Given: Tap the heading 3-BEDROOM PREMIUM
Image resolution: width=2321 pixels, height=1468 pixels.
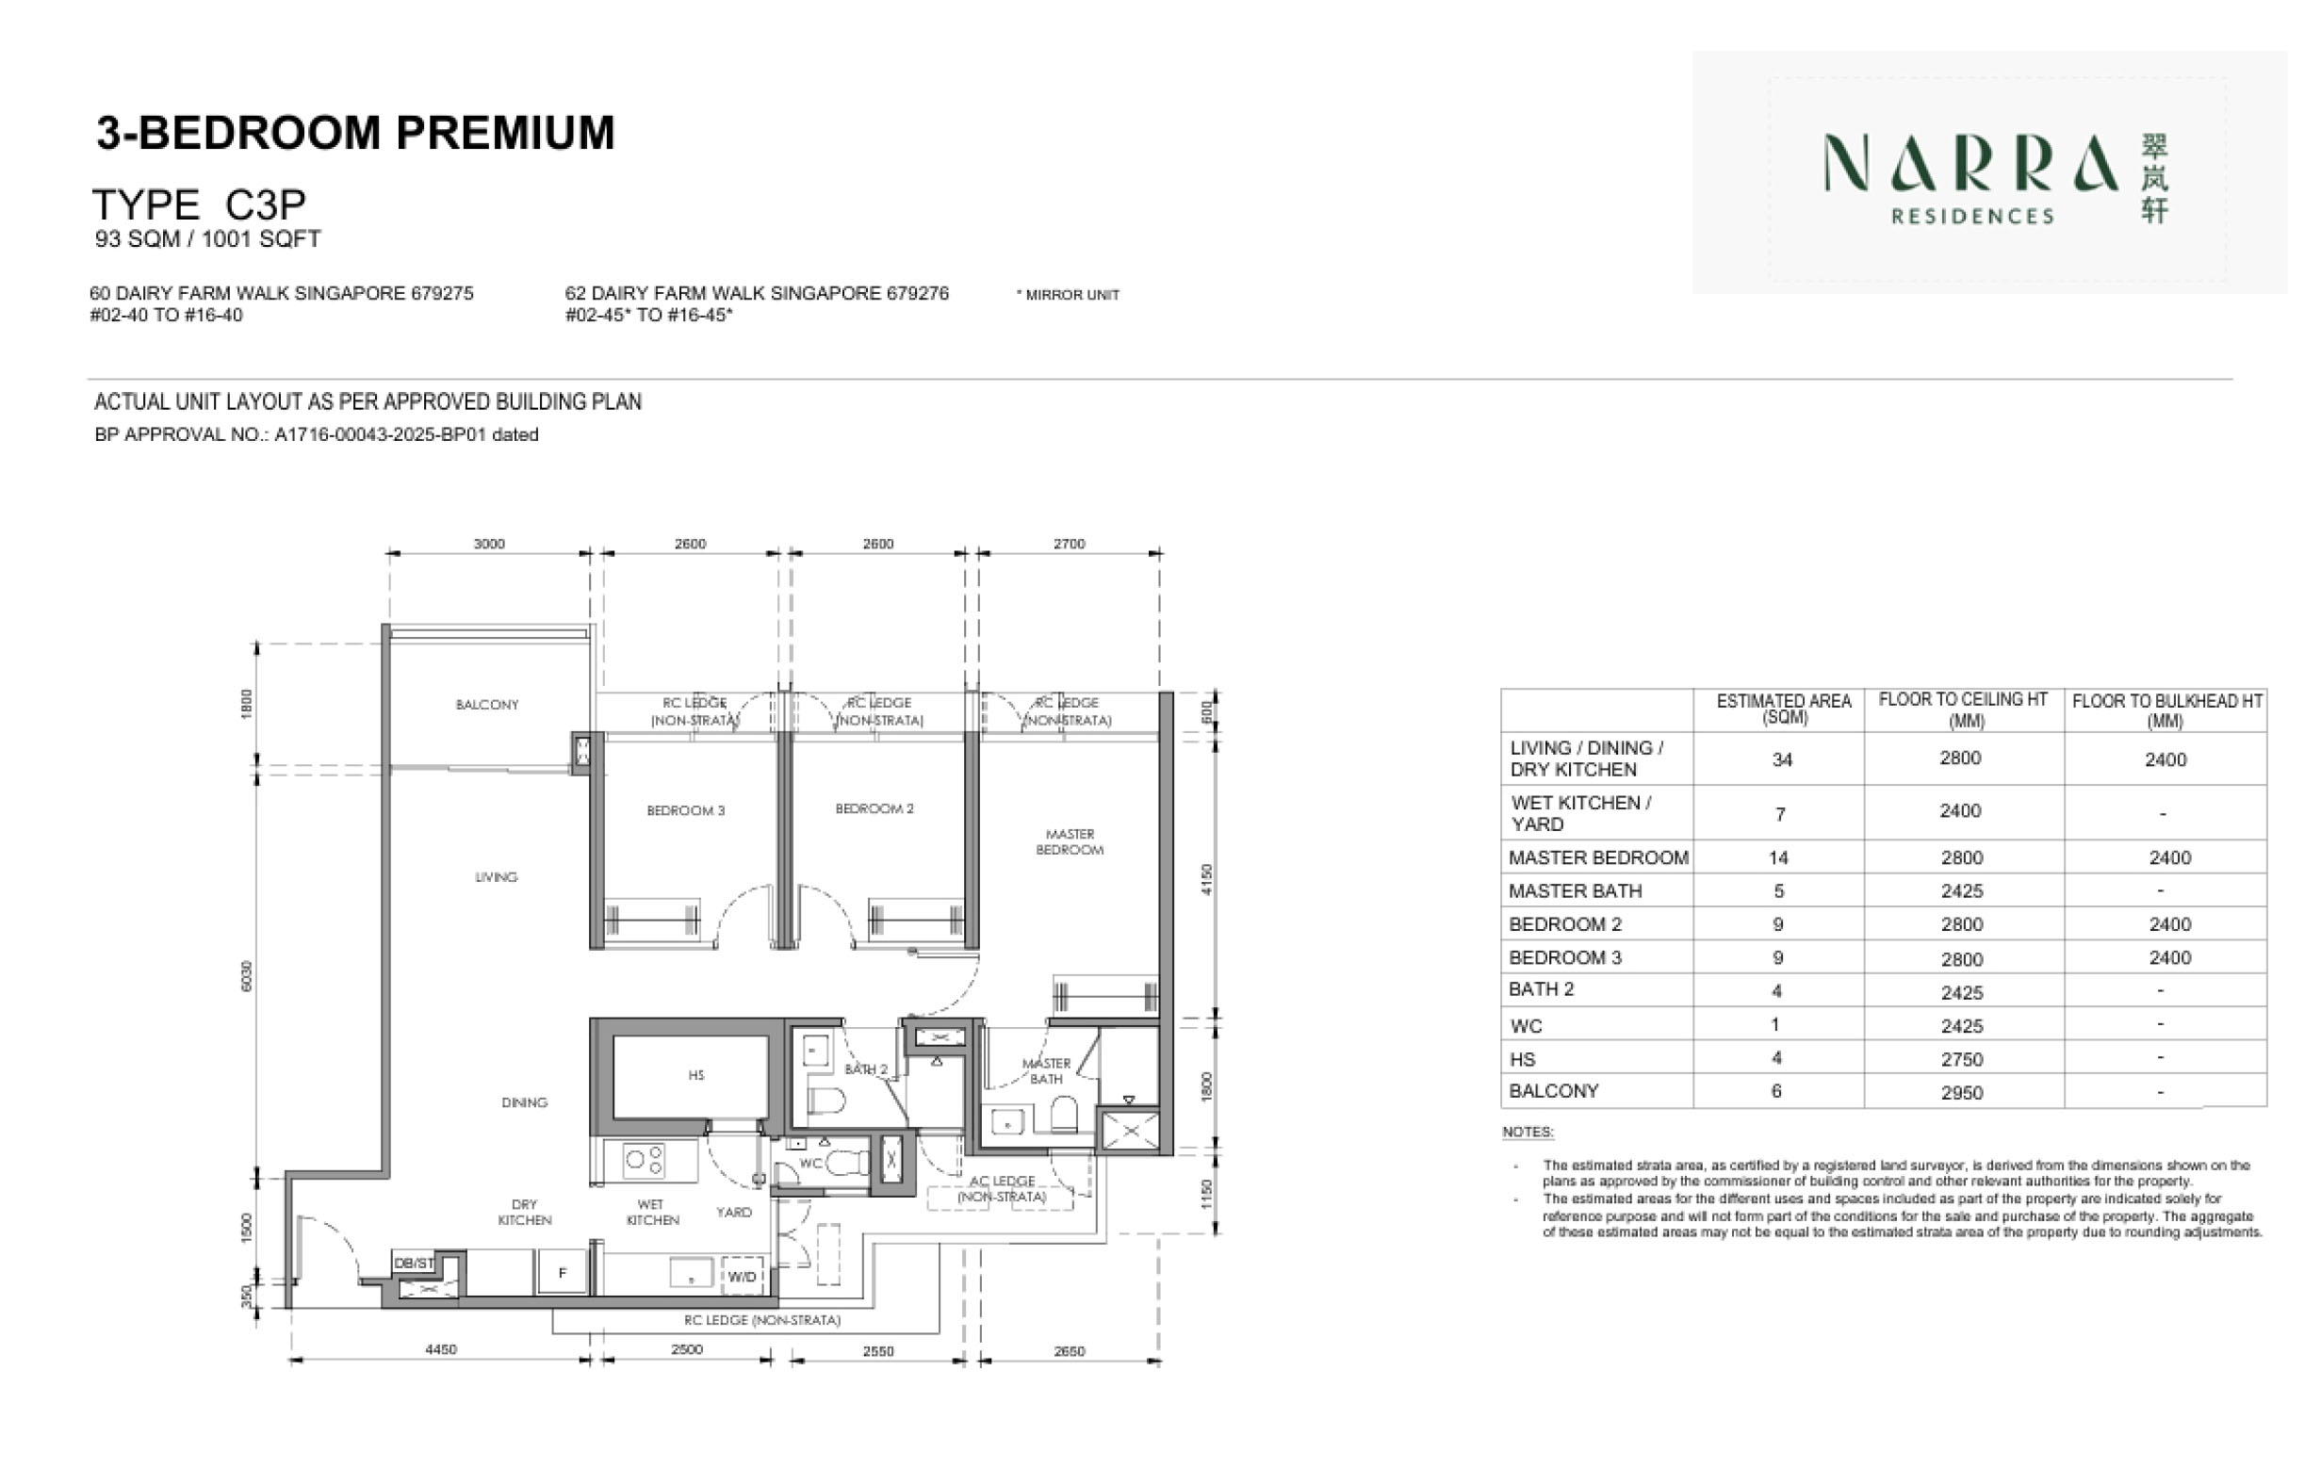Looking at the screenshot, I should click(x=354, y=133).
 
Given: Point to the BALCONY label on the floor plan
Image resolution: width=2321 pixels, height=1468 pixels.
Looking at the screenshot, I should click(x=487, y=705).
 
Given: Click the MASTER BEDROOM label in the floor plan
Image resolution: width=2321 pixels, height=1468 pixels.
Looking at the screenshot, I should click(x=1069, y=841).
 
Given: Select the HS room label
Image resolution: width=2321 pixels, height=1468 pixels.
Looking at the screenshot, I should click(x=695, y=1075).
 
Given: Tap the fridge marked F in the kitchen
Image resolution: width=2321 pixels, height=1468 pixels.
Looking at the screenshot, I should click(x=563, y=1272).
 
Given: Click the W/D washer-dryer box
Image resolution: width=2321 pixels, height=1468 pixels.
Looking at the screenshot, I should click(x=742, y=1276).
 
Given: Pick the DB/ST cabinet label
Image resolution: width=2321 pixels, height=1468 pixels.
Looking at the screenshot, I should click(x=414, y=1263).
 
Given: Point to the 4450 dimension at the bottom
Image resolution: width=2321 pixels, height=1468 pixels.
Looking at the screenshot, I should click(x=441, y=1349).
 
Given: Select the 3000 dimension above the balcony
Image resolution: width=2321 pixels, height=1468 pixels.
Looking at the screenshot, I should click(x=489, y=544).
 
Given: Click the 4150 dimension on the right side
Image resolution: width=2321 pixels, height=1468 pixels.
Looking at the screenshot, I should click(x=1208, y=879).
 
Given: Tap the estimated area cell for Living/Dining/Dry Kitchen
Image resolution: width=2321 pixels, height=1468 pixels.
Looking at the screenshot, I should click(x=1781, y=759).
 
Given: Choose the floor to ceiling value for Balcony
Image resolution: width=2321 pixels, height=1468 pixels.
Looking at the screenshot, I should click(x=1960, y=1092).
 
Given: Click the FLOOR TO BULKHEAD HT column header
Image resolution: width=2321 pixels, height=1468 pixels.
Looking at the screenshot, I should click(x=2166, y=710).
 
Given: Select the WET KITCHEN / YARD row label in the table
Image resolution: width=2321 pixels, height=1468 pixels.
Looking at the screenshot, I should click(x=1580, y=812).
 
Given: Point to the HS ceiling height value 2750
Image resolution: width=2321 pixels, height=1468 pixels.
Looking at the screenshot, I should click(x=1960, y=1059).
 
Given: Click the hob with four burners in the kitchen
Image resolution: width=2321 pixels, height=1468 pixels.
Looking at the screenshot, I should click(x=644, y=1160).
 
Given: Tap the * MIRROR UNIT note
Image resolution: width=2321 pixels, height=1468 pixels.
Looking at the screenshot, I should click(x=1067, y=295).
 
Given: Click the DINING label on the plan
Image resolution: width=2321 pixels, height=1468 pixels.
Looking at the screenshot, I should click(x=524, y=1101).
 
